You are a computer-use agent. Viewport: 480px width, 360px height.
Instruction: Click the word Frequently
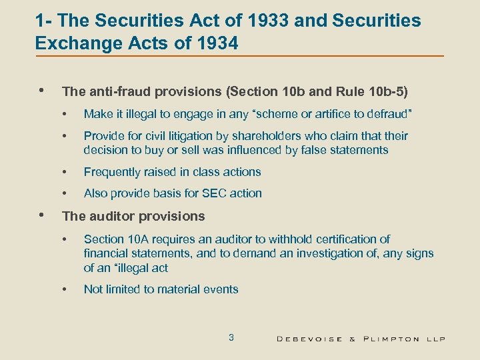pos(111,172)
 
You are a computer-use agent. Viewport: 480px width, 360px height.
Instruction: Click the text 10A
pos(134,239)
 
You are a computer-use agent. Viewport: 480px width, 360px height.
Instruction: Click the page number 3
pos(231,337)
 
